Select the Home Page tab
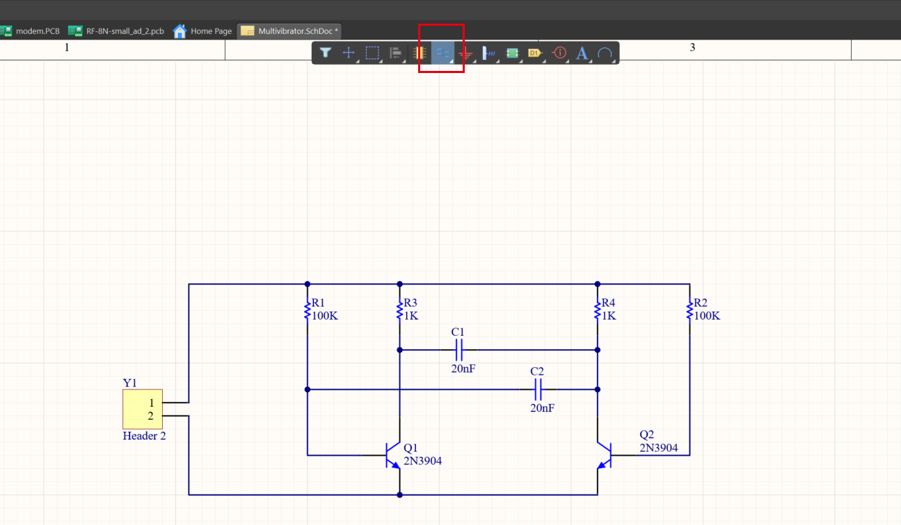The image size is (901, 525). pyautogui.click(x=202, y=31)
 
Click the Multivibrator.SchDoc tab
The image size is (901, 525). pyautogui.click(x=289, y=31)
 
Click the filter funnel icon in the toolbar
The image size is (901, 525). pyautogui.click(x=325, y=53)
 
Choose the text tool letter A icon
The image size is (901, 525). pyautogui.click(x=582, y=53)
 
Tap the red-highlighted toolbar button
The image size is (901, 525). pyautogui.click(x=442, y=53)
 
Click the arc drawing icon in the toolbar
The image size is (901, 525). pyautogui.click(x=605, y=53)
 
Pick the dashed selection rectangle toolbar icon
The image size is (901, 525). pyautogui.click(x=372, y=53)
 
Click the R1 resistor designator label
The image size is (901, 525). pyautogui.click(x=318, y=303)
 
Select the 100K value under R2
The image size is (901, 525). pyautogui.click(x=706, y=316)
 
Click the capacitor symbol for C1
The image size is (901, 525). pyautogui.click(x=459, y=350)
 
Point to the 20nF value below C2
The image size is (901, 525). pyautogui.click(x=542, y=408)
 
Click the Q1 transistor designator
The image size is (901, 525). pyautogui.click(x=411, y=448)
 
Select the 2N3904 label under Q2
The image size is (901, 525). pyautogui.click(x=658, y=448)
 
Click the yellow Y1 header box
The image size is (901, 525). pyautogui.click(x=143, y=409)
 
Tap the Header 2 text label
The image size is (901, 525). pyautogui.click(x=144, y=437)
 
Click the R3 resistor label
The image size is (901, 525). pyautogui.click(x=410, y=303)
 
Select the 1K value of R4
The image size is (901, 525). pyautogui.click(x=609, y=316)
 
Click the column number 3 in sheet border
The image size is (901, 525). pyautogui.click(x=692, y=47)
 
